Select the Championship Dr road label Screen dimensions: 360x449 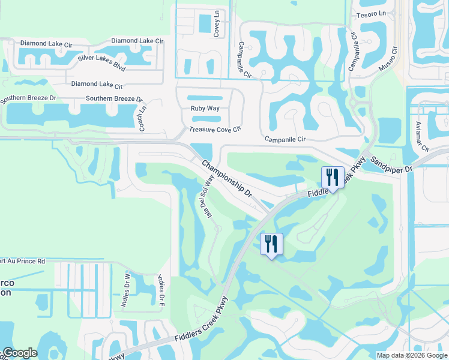coord(226,179)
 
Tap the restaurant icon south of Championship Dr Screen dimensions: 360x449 coord(271,244)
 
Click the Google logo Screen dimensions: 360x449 coord(20,353)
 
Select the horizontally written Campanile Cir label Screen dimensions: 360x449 coord(286,139)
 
